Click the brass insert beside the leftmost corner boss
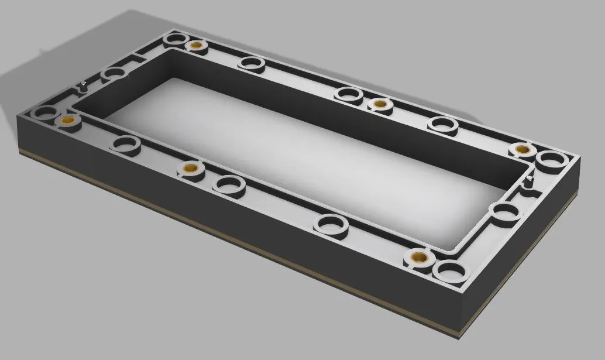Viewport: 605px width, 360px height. (x=67, y=119)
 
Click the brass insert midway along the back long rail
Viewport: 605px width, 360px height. (x=380, y=104)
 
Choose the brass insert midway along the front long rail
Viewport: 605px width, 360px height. (x=188, y=169)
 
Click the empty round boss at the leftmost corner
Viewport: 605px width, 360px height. (x=43, y=113)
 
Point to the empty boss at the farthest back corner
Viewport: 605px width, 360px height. (x=174, y=40)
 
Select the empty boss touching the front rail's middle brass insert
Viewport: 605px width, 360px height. (x=229, y=185)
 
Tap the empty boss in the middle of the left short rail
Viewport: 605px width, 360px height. (x=114, y=74)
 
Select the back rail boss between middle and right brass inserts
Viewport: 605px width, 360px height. (x=442, y=124)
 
